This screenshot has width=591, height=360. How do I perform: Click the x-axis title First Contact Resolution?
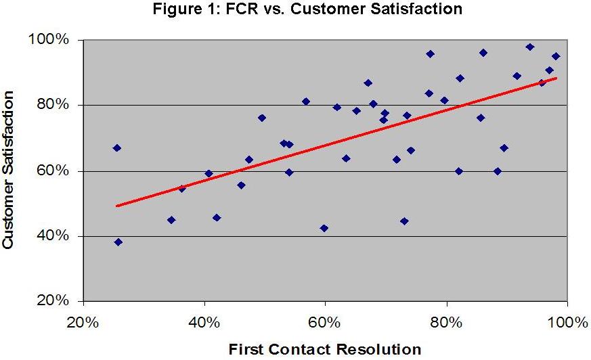pyautogui.click(x=325, y=349)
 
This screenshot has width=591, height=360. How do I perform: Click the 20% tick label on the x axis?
pyautogui.click(x=84, y=321)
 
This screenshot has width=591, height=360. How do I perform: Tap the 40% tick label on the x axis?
pyautogui.click(x=204, y=321)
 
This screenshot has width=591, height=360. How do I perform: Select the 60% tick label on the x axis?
pyautogui.click(x=325, y=321)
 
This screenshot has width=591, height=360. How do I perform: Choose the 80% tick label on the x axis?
pyautogui.click(x=446, y=321)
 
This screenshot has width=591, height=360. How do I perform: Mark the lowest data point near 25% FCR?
pyautogui.click(x=118, y=242)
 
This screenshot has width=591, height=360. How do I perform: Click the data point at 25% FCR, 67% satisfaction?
pyautogui.click(x=116, y=148)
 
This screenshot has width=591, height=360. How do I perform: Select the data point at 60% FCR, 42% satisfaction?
pyautogui.click(x=324, y=228)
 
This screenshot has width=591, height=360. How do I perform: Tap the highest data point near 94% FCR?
pyautogui.click(x=529, y=47)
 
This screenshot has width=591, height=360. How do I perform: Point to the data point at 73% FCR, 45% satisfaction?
pyautogui.click(x=404, y=221)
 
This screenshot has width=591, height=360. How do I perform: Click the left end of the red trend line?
pyautogui.click(x=117, y=206)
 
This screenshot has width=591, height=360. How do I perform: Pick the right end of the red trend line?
pyautogui.click(x=556, y=78)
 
